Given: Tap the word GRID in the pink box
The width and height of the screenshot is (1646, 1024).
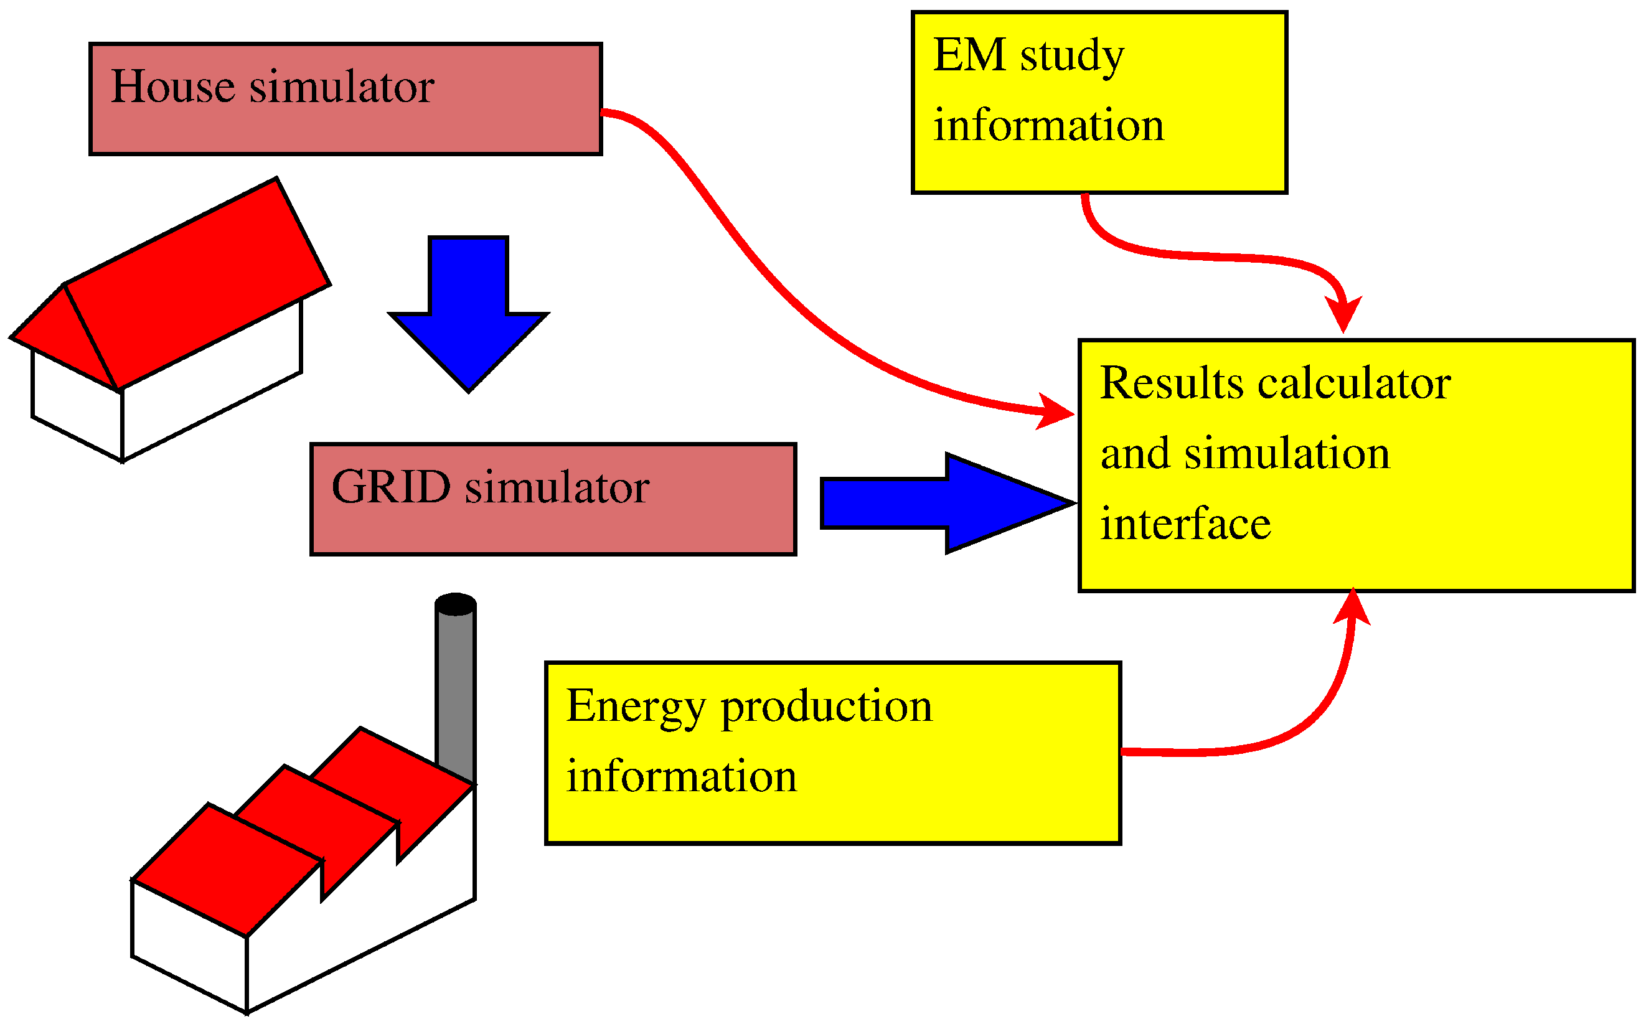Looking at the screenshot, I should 391,487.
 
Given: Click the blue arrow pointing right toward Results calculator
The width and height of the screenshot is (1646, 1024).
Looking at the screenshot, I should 948,503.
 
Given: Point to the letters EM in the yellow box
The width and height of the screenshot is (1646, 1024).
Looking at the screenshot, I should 969,55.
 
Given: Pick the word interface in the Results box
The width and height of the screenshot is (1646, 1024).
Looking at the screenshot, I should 1185,525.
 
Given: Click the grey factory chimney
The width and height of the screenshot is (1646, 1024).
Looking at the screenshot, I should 455,691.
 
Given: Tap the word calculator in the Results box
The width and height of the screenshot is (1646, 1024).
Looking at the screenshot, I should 1354,384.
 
